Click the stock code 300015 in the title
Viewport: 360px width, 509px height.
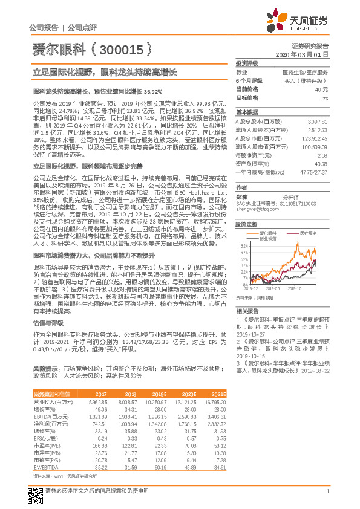(121, 48)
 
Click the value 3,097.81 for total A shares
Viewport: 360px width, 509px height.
(317, 122)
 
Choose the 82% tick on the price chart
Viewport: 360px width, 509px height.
(244, 246)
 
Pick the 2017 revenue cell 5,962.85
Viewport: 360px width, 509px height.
(98, 401)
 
